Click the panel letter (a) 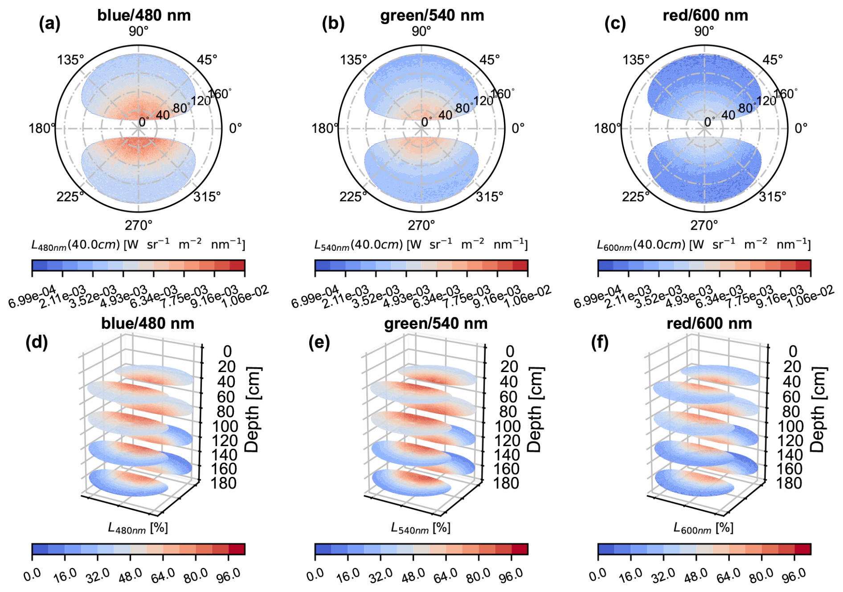(x=49, y=23)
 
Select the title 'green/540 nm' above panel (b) (x=432, y=15)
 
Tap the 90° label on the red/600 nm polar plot (x=704, y=31)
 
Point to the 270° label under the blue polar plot (x=139, y=225)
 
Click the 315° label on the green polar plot (x=490, y=196)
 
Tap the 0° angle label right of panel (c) (x=801, y=128)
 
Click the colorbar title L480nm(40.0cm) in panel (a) (x=138, y=244)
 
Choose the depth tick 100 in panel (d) (x=225, y=426)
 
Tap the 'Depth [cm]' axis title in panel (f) (x=818, y=410)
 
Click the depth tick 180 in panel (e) (x=506, y=483)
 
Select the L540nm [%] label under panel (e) (x=421, y=528)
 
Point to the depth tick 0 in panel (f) (x=793, y=352)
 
